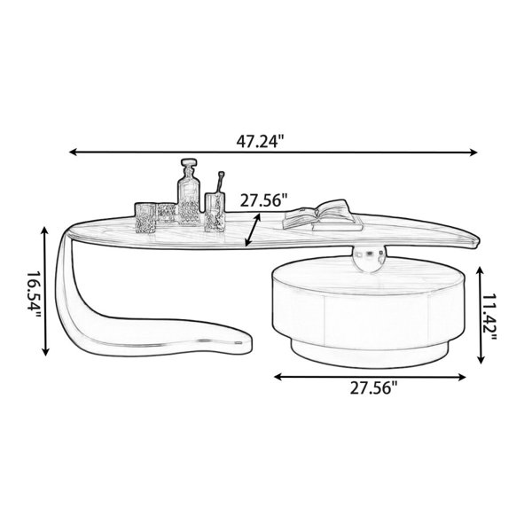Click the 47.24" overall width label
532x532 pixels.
coord(266,140)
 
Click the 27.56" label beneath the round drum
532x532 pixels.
coord(372,387)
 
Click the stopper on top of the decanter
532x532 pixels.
coord(187,167)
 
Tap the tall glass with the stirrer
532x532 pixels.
coord(214,213)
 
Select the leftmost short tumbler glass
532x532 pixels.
coord(145,215)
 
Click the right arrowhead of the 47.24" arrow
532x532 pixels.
coord(473,153)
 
